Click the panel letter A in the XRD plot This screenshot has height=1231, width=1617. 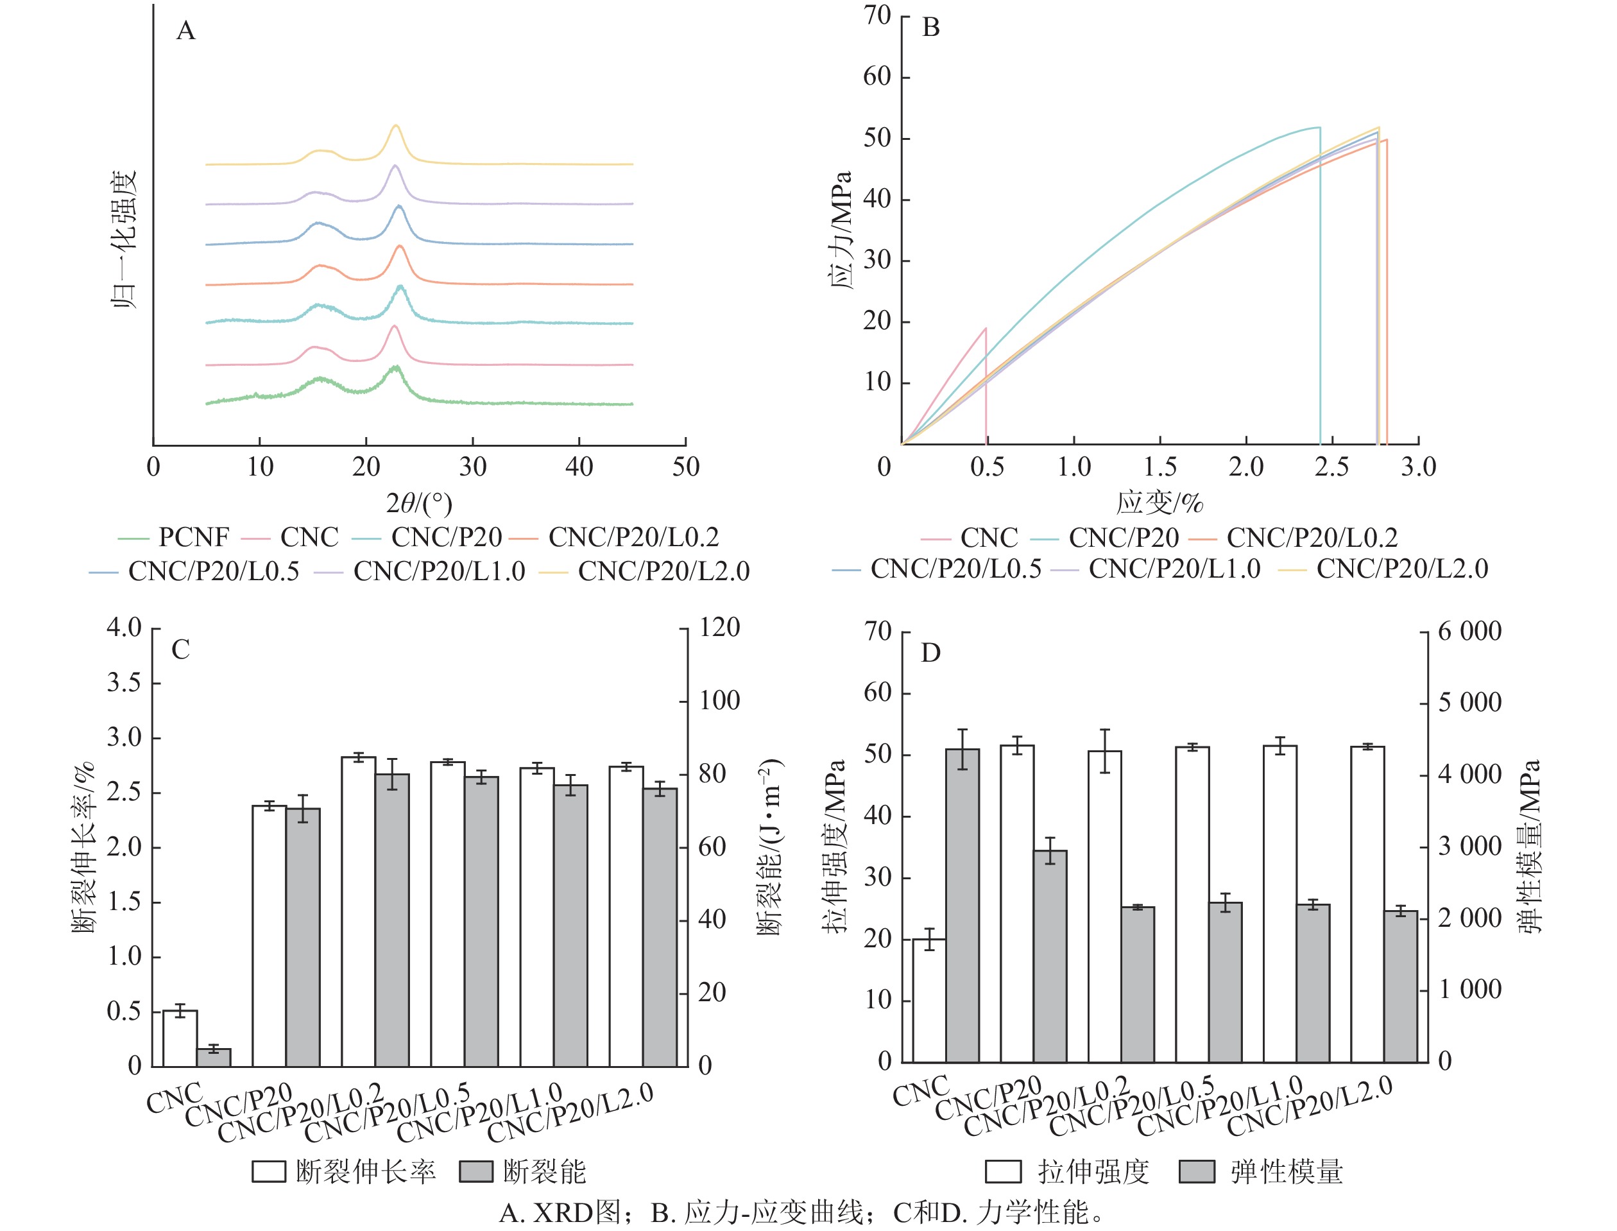(x=186, y=31)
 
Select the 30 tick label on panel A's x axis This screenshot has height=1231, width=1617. (x=472, y=467)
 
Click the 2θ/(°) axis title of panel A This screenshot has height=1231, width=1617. (x=419, y=503)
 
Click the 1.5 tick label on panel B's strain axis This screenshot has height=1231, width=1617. (x=1160, y=467)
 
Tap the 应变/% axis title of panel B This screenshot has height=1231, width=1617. (x=1160, y=503)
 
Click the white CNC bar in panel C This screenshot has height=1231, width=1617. (x=180, y=1038)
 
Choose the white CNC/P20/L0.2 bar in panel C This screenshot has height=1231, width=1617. (x=358, y=911)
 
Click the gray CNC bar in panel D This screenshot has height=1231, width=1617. (x=962, y=905)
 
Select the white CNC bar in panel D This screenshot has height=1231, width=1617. (x=928, y=1000)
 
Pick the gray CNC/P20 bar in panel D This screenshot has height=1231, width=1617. (x=1050, y=956)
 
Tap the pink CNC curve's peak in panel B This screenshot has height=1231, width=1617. (x=986, y=328)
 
